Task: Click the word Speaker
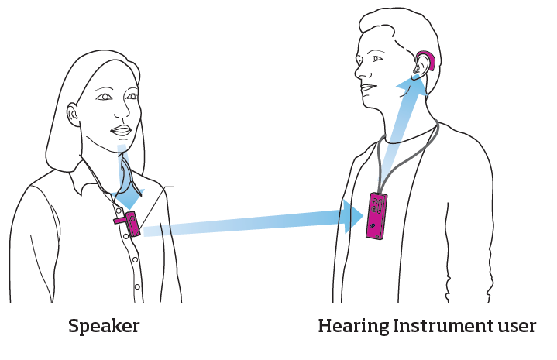pos(104,326)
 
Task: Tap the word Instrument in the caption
pos(444,326)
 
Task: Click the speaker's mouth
pos(120,130)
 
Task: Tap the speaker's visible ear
pos(74,115)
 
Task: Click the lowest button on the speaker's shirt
pos(137,287)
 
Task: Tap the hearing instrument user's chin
pos(369,103)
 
